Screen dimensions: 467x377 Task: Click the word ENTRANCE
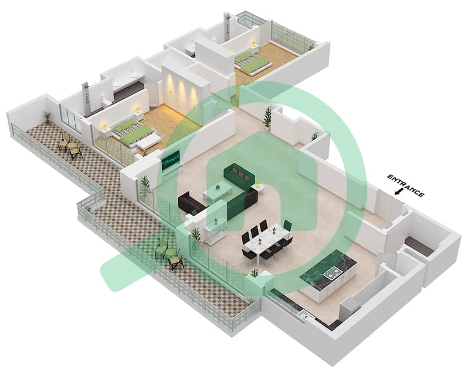[x=406, y=186]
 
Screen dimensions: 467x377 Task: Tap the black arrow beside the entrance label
[x=398, y=192]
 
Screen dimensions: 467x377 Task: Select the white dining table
[x=266, y=241]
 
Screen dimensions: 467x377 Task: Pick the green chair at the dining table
[x=287, y=225]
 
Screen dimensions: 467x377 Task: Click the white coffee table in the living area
[x=218, y=192]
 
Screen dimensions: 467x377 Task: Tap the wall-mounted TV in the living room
[x=171, y=160]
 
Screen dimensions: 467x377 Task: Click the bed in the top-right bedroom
[x=253, y=62]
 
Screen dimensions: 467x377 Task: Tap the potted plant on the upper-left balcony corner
[x=47, y=117]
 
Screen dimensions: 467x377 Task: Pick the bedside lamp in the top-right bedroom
[x=254, y=44]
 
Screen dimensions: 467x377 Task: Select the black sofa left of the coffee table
[x=191, y=202]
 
